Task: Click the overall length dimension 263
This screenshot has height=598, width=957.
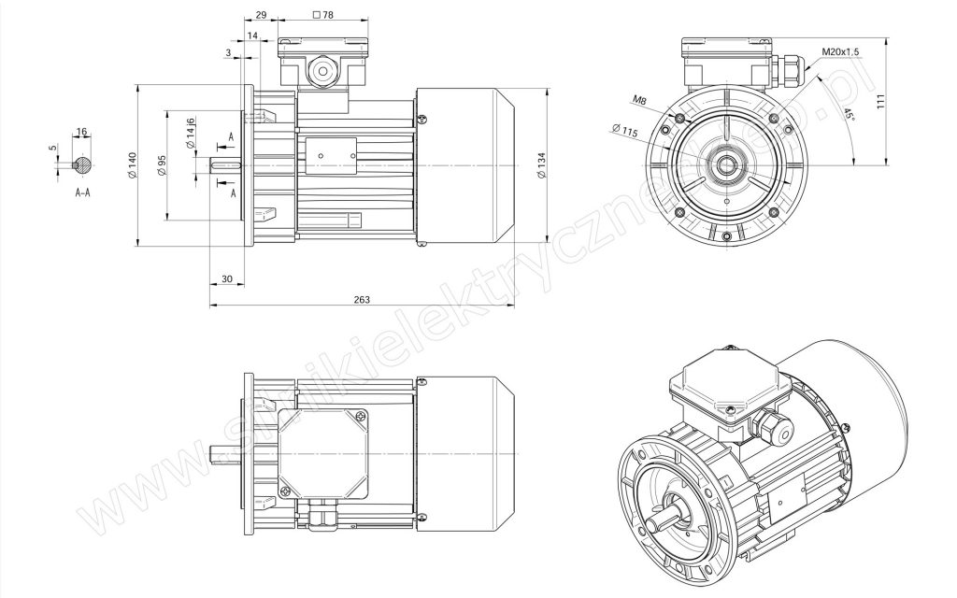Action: pos(362,300)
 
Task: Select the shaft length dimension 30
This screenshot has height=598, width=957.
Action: pos(227,278)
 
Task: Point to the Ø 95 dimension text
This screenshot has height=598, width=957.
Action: pos(161,165)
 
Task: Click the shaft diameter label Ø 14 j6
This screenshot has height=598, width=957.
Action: pos(191,133)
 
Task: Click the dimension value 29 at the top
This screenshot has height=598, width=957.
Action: pos(261,15)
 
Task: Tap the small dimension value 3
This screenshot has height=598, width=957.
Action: pos(228,53)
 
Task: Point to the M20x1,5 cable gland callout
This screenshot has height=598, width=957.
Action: pos(840,52)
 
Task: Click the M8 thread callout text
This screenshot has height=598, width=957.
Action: pos(639,99)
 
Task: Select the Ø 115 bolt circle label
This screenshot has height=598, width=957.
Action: pos(623,131)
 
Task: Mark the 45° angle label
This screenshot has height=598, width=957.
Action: pos(849,114)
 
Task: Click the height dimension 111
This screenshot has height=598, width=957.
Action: pos(880,102)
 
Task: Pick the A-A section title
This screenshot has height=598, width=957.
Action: pos(82,192)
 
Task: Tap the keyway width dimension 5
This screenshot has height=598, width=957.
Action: pos(53,148)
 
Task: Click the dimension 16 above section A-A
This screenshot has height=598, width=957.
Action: pos(82,132)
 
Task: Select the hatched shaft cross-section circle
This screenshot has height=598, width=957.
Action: pos(82,164)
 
